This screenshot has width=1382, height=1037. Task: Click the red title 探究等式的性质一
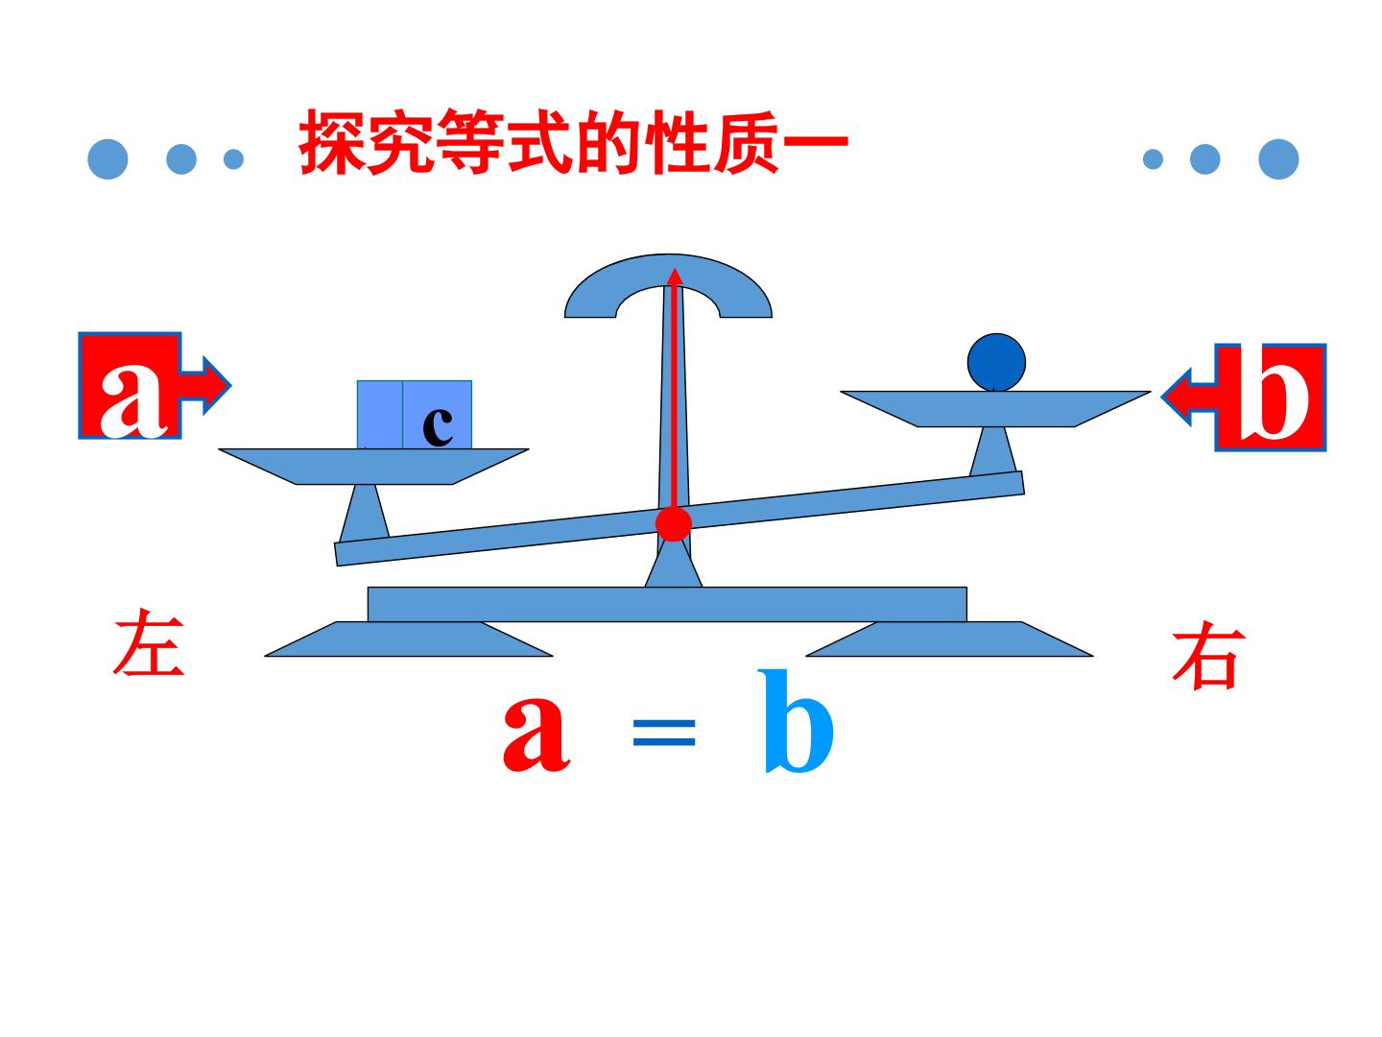click(573, 142)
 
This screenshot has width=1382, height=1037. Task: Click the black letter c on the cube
click(437, 426)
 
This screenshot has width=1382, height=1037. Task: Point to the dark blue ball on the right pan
click(996, 363)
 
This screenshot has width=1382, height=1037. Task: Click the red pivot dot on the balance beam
click(673, 522)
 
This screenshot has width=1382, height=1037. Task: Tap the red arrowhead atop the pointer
click(675, 276)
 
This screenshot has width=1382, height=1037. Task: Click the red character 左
click(149, 642)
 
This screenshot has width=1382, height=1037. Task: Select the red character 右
click(1208, 655)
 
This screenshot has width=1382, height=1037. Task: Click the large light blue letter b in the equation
click(796, 722)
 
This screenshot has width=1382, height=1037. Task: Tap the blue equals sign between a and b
click(663, 733)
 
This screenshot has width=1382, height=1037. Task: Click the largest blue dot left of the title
click(107, 158)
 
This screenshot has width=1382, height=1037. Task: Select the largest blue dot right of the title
click(1278, 158)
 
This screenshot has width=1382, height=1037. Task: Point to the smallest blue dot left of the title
click(233, 159)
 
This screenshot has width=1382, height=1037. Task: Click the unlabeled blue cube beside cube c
click(380, 415)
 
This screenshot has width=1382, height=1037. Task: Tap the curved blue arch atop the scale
click(668, 277)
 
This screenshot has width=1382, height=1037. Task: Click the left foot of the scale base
click(409, 639)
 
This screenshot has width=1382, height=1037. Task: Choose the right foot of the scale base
click(949, 639)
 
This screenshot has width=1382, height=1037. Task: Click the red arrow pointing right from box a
click(204, 385)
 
